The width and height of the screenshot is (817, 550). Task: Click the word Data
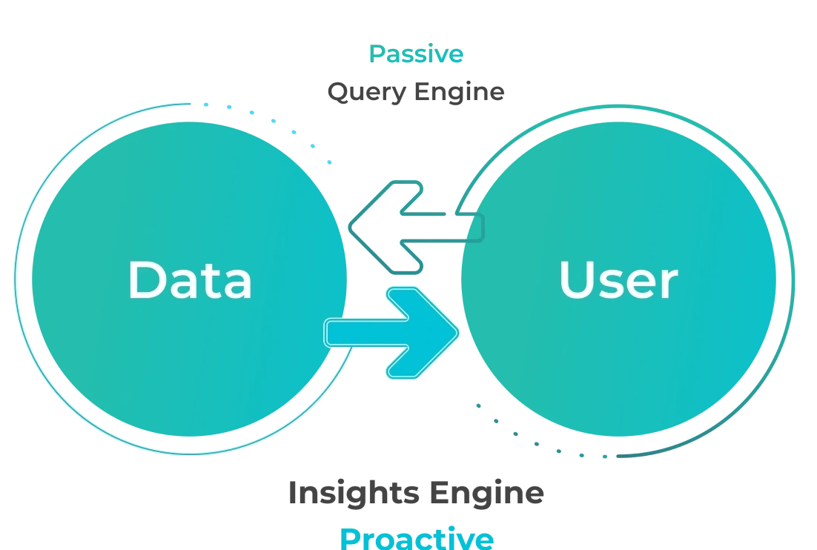(190, 280)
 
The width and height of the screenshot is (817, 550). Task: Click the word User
(618, 281)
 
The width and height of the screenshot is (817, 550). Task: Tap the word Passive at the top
(416, 54)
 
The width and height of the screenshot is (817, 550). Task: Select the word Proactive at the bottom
(416, 537)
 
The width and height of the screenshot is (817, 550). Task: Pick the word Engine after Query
(460, 91)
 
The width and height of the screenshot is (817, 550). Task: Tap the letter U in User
(577, 280)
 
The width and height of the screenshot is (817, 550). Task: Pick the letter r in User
(668, 285)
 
